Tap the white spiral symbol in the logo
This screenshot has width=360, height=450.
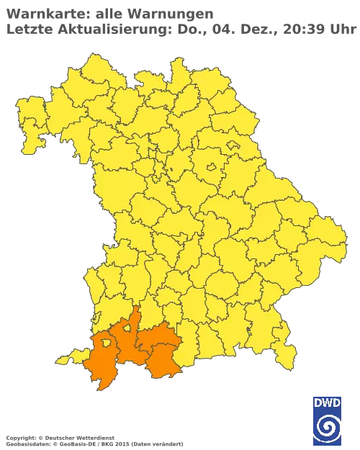[x=328, y=428]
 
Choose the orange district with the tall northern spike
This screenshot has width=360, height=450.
[x=128, y=342]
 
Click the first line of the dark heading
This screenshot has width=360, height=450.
[x=108, y=13]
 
